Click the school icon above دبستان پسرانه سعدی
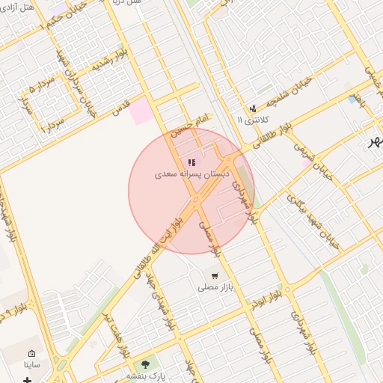[191, 162]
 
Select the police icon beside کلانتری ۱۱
[253, 108]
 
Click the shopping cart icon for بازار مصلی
[215, 276]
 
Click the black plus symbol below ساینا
[28, 380]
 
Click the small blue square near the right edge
[352, 99]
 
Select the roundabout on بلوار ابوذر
[286, 289]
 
